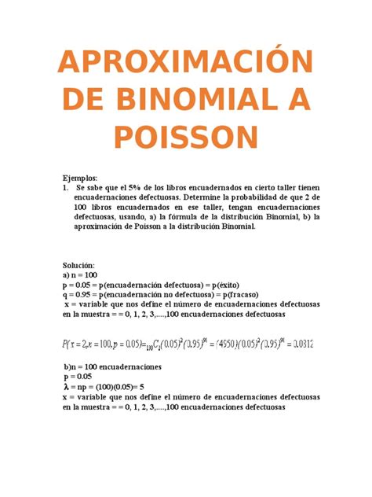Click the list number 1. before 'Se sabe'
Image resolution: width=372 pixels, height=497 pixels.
pyautogui.click(x=66, y=189)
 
